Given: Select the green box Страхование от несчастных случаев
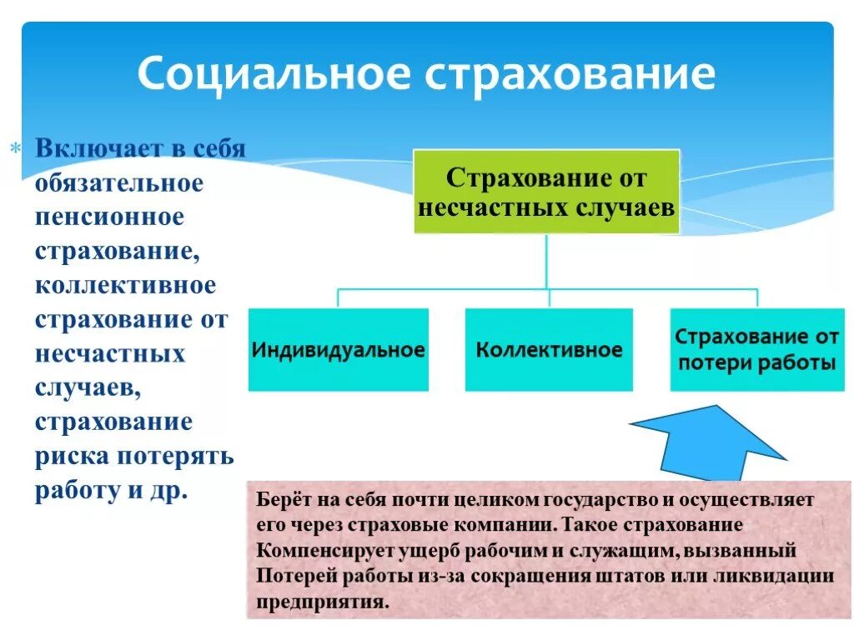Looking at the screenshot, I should (x=547, y=192).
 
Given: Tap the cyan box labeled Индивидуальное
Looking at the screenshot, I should (x=338, y=349).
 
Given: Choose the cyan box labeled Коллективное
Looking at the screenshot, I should (x=549, y=349).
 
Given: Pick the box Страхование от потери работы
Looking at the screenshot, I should (x=756, y=349).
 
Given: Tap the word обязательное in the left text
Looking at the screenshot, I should (x=119, y=182).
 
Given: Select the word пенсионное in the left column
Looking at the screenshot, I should (x=109, y=217).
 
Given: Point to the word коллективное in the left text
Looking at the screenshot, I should (x=125, y=285).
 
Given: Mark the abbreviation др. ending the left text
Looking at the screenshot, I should (x=168, y=490).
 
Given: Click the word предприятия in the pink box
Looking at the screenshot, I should (x=322, y=601).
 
